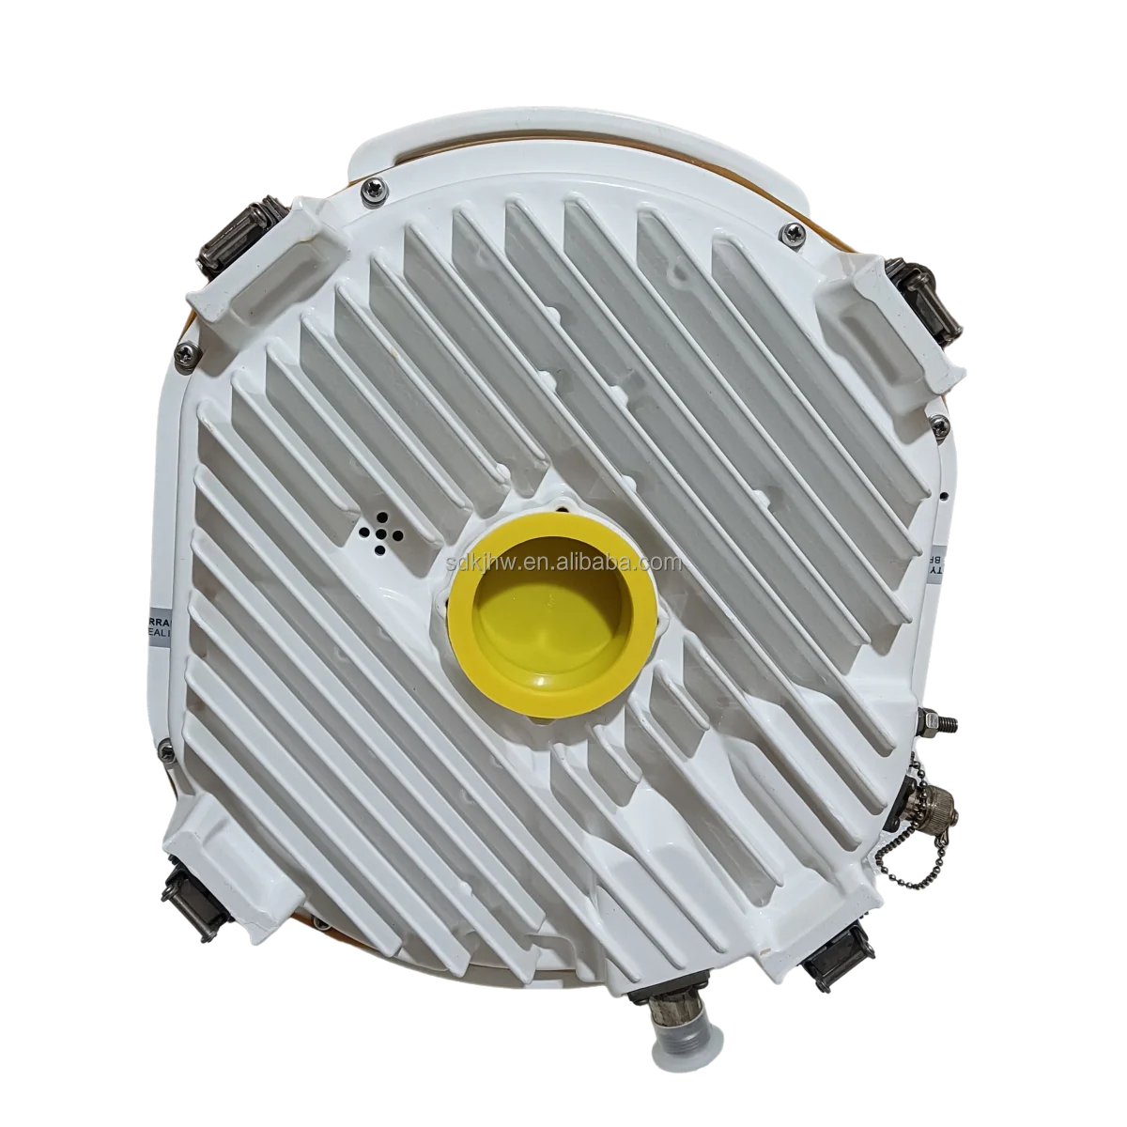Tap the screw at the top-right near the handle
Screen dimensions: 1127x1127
click(795, 229)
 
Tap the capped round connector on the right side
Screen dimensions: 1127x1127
click(934, 806)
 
